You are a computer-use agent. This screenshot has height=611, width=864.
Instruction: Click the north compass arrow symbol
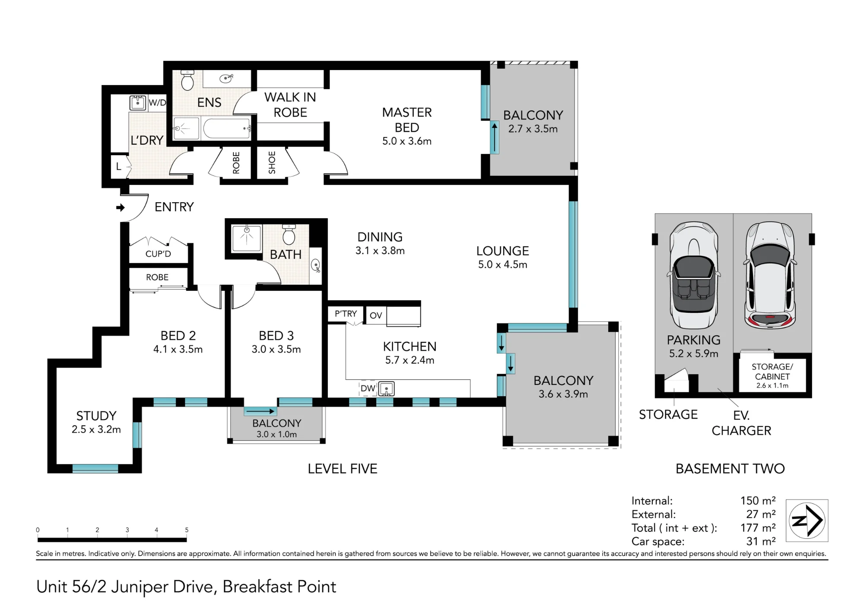tap(807, 520)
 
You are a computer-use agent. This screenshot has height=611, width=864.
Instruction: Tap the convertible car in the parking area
tap(694, 275)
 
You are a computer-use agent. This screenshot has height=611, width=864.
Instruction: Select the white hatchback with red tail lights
tap(770, 275)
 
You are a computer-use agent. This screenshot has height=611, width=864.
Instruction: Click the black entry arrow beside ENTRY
tap(121, 208)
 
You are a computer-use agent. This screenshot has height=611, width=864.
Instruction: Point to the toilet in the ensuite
tap(187, 80)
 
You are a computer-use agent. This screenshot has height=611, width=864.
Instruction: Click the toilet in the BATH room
tap(289, 234)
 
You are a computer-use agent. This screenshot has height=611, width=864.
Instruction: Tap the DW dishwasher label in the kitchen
tap(368, 388)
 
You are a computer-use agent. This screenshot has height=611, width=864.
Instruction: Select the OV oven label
tap(376, 315)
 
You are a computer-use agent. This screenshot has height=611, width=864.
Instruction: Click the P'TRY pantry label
tap(346, 314)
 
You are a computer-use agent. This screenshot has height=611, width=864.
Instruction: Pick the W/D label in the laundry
tap(157, 103)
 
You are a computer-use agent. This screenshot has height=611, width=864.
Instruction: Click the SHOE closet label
tap(272, 162)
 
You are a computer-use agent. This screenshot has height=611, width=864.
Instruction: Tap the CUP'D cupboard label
tap(158, 254)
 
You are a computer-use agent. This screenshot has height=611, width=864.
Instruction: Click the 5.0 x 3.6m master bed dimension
tap(407, 141)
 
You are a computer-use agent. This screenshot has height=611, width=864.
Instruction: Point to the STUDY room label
tap(96, 416)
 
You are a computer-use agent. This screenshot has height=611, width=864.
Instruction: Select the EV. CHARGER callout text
tap(741, 423)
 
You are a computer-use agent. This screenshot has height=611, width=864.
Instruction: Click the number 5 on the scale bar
tap(187, 530)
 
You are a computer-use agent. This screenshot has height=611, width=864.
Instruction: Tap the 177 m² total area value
tap(758, 528)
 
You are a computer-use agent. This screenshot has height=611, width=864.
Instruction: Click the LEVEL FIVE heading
tap(343, 469)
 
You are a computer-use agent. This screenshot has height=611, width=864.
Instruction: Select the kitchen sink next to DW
tap(387, 389)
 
